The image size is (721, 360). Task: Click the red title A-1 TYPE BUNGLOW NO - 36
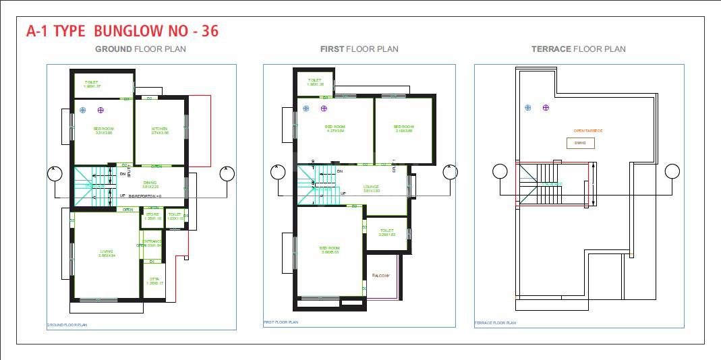122,31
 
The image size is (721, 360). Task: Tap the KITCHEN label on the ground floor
159,128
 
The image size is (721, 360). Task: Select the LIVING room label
107,251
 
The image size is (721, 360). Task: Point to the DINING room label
149,182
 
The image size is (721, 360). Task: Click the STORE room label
152,214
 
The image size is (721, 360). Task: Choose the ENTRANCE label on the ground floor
152,241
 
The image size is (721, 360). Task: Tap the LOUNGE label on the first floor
371,187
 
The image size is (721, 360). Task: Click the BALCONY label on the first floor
380,275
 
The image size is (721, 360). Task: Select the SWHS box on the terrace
580,143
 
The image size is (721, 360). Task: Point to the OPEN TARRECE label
587,131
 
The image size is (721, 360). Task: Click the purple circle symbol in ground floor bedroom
100,109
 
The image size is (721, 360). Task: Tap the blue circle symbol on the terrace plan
527,107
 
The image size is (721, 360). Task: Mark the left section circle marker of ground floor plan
55,174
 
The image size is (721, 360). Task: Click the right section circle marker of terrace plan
672,171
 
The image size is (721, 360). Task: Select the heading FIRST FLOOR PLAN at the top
359,49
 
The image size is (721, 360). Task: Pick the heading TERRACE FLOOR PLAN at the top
578,49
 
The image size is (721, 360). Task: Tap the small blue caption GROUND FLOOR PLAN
67,326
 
